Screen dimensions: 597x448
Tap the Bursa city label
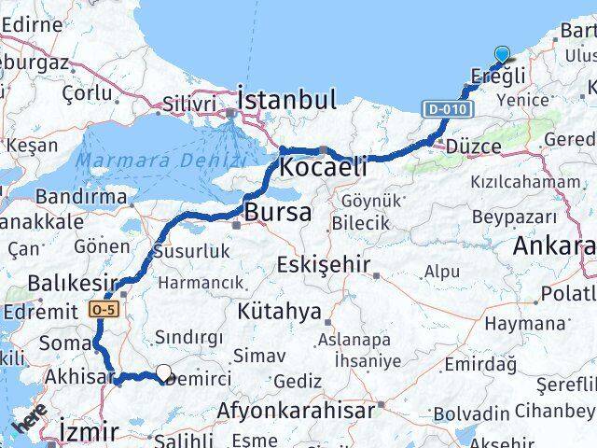pyautogui.click(x=277, y=213)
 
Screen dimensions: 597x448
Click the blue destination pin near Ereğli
pyautogui.click(x=503, y=56)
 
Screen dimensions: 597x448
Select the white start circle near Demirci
pyautogui.click(x=164, y=373)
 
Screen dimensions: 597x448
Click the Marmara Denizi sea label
pyautogui.click(x=160, y=160)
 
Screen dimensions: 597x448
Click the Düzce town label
pyautogui.click(x=475, y=147)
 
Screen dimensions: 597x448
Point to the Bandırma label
pyautogui.click(x=81, y=197)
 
